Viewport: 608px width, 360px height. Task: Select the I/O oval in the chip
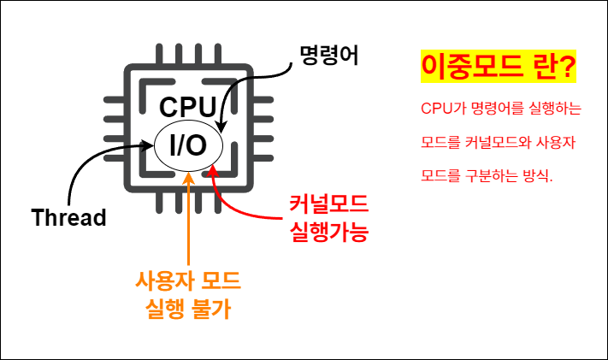coord(188,145)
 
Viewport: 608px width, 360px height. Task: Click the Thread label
coord(68,217)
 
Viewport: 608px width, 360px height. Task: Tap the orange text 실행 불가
coord(187,309)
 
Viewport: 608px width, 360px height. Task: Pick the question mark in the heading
coord(567,68)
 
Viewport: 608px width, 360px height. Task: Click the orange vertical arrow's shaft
coord(187,222)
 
